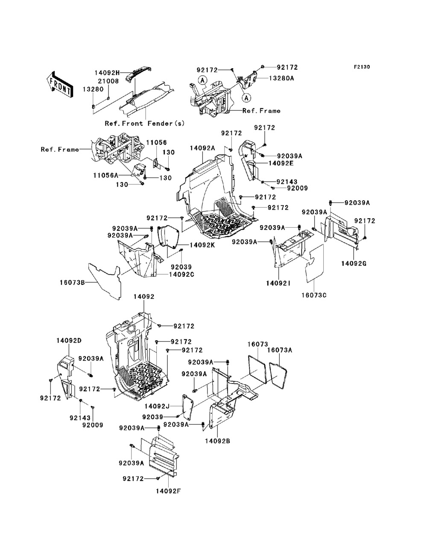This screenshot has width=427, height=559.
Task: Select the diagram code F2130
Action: click(362, 67)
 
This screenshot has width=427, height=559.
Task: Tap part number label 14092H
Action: click(107, 73)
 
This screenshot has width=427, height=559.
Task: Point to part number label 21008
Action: click(109, 81)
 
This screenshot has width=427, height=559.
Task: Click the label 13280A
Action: click(282, 78)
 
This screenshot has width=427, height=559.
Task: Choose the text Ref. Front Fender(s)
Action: click(145, 123)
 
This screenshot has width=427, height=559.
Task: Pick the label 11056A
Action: click(105, 175)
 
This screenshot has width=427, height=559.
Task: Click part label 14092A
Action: click(203, 148)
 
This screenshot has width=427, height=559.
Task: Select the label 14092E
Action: click(281, 163)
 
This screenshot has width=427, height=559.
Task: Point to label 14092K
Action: click(202, 245)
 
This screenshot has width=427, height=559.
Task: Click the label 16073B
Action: click(72, 282)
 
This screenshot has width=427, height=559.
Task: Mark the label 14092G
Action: click(354, 263)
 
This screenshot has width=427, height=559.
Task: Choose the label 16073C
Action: click(314, 295)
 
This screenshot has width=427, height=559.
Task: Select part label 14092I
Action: click(278, 283)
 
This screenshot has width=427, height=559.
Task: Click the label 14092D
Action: click(69, 340)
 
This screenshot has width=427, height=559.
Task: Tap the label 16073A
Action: click(280, 351)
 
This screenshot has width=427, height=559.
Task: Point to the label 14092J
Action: click(157, 406)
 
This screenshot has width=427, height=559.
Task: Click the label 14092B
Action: click(218, 441)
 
